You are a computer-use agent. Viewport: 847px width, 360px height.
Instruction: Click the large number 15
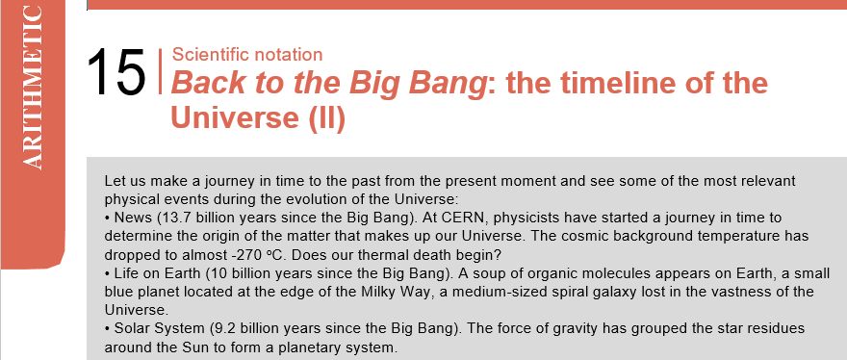[116, 72]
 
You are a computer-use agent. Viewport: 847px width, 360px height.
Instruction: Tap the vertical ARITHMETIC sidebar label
[32, 89]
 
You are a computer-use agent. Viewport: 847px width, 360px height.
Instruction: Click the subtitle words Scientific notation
[247, 55]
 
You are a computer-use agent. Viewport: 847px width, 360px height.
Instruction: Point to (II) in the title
[327, 117]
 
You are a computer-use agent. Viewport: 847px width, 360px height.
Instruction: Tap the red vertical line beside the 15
[161, 71]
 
